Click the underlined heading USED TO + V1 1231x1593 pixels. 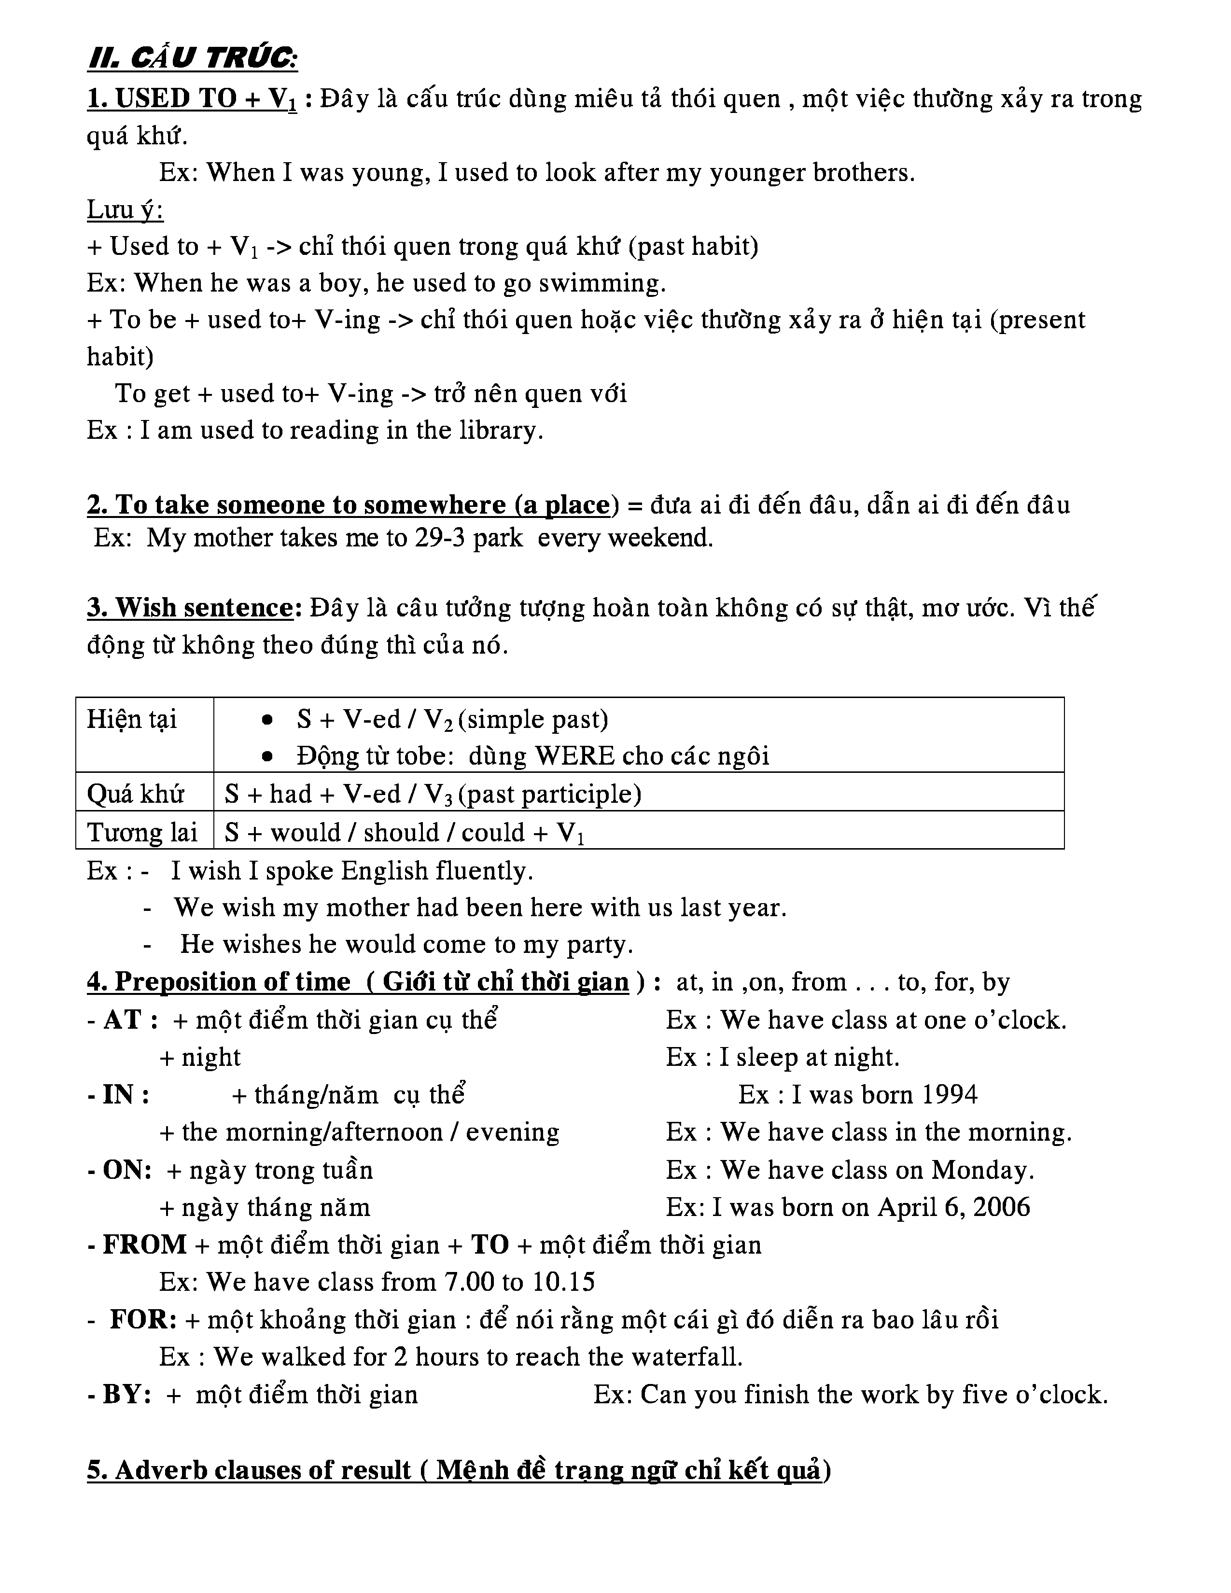click(192, 98)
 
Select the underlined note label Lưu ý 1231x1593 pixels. click(125, 210)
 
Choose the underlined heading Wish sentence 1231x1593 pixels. click(190, 608)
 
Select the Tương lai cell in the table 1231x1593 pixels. click(142, 832)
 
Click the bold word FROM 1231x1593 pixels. click(144, 1244)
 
